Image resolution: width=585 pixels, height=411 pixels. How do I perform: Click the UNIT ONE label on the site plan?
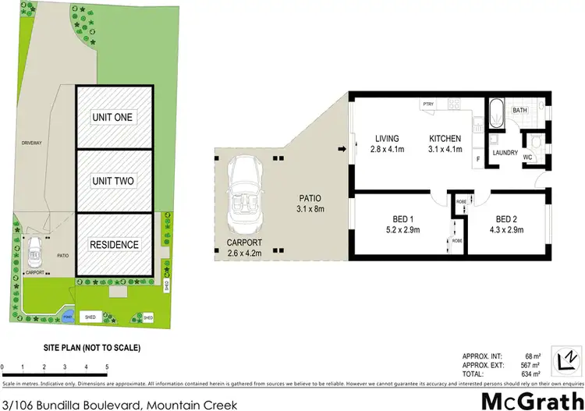pyautogui.click(x=113, y=117)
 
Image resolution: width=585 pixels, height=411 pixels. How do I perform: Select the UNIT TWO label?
pyautogui.click(x=113, y=181)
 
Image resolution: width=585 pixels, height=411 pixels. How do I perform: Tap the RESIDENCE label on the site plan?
pyautogui.click(x=113, y=245)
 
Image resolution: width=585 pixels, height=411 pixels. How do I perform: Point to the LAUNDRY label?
pyautogui.click(x=505, y=153)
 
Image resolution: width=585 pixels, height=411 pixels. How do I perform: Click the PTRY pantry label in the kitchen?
pyautogui.click(x=428, y=105)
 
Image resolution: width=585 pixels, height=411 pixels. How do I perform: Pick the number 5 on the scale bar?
pyautogui.click(x=107, y=367)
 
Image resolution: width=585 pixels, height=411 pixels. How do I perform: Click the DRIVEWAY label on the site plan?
pyautogui.click(x=32, y=143)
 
